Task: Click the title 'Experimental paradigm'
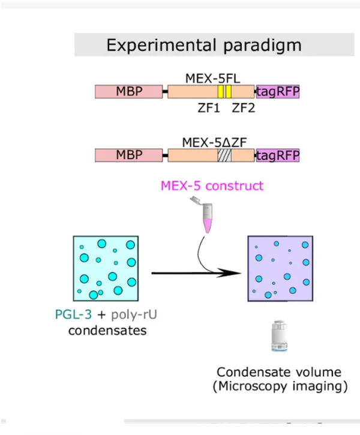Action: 203,45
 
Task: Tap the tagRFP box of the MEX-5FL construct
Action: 278,92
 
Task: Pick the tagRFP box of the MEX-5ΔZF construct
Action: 278,155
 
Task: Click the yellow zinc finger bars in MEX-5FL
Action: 224,92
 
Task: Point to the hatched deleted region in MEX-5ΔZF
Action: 224,155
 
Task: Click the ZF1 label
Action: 209,108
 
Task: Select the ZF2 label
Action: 244,108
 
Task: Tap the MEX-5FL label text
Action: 210,78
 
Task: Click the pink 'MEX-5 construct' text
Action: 212,185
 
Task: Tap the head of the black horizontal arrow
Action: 234,274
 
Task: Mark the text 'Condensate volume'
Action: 279,372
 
